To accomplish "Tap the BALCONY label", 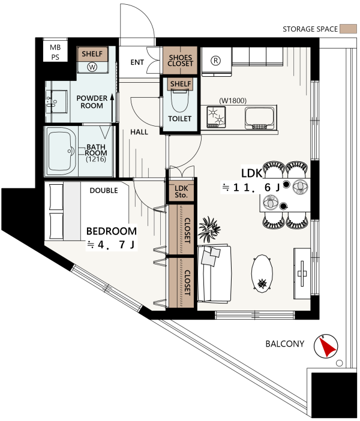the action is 285,344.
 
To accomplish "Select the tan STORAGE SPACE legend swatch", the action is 348,29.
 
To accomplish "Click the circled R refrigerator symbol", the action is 215,61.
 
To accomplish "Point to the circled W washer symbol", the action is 92,67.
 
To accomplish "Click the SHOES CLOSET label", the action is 180,61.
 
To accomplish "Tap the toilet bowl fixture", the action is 180,101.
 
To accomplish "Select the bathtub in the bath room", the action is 62,151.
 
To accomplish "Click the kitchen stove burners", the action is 216,117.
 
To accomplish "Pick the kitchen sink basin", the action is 260,118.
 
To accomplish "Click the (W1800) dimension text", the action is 233,101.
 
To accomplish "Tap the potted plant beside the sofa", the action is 209,228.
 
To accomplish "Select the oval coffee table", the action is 262,273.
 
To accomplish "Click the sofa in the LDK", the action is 214,273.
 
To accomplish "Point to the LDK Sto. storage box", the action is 181,192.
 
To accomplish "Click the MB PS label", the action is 55,52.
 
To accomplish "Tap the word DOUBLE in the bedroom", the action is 104,191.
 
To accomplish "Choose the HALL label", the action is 139,132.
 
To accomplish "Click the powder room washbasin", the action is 56,101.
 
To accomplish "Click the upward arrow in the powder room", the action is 112,107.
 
